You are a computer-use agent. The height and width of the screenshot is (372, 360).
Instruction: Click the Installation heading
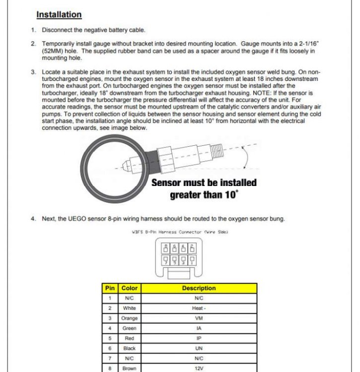pos(59,15)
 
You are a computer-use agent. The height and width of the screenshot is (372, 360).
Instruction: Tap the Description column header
pos(199,288)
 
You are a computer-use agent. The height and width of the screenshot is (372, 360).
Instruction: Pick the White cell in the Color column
pos(129,308)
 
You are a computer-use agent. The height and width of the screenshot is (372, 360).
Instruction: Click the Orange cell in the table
pos(129,318)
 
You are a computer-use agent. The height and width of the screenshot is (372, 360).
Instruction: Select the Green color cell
pos(129,328)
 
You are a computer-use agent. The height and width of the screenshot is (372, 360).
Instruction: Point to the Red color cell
pos(129,338)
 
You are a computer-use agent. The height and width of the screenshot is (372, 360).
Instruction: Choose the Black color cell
pos(129,349)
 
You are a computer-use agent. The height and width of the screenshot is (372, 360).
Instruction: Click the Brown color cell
pos(129,369)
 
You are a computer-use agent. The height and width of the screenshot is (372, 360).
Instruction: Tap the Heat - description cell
pos(199,308)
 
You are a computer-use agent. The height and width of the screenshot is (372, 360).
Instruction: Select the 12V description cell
pos(199,369)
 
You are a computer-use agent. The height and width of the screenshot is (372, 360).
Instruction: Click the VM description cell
pos(199,318)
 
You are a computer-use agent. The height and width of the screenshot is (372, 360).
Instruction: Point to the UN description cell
pos(199,349)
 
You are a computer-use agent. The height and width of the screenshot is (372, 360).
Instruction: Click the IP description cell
pos(199,338)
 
